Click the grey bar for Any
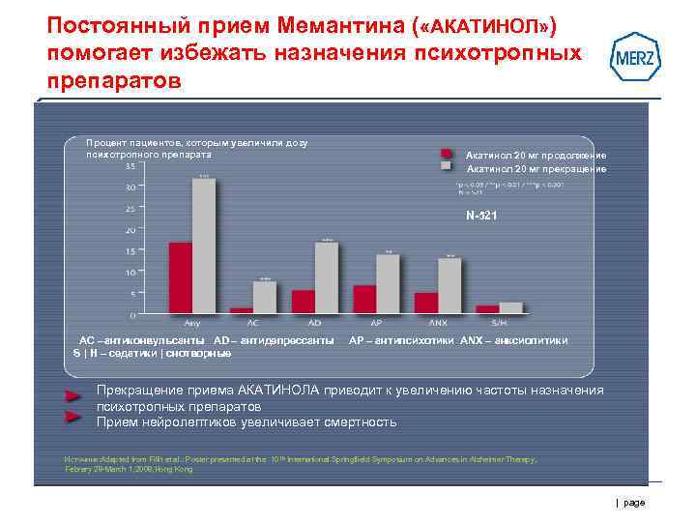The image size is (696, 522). point(204,246)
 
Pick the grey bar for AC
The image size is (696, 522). point(264,296)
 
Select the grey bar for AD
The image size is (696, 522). point(327,276)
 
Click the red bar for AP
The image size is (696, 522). point(364,299)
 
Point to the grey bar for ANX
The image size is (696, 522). point(449,283)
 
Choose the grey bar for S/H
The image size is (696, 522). point(510,307)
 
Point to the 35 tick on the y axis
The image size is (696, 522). point(130,164)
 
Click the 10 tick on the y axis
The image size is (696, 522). point(130,272)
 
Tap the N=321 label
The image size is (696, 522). point(481,215)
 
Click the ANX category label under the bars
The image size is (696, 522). point(438,322)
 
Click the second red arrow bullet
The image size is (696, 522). point(72,417)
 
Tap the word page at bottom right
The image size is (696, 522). point(634,503)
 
